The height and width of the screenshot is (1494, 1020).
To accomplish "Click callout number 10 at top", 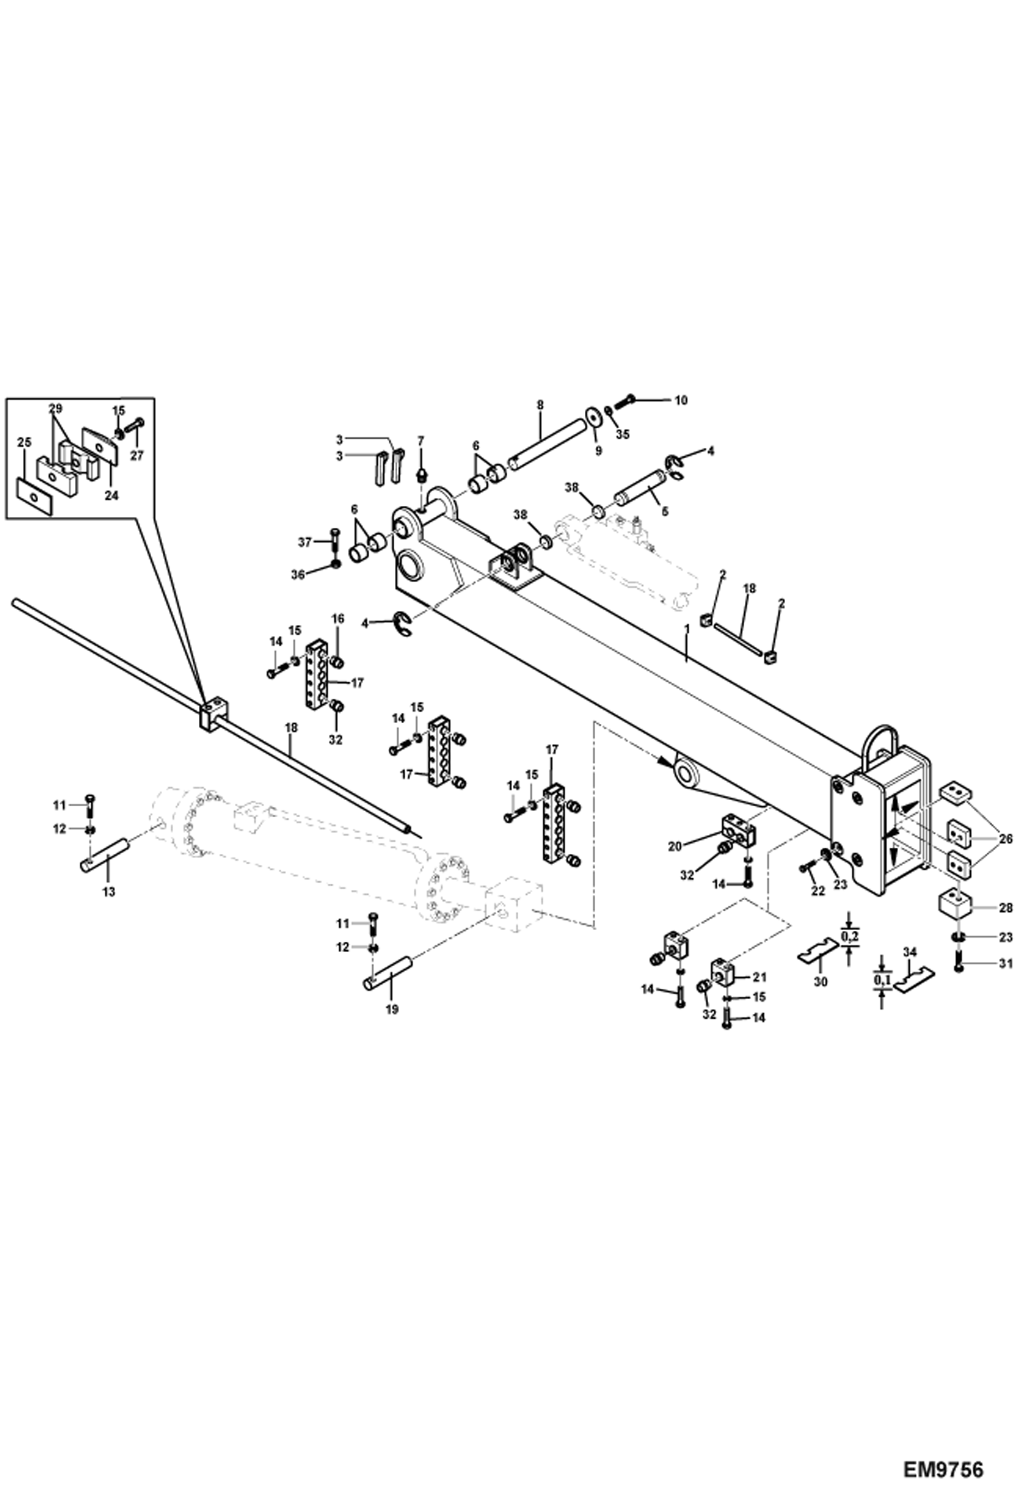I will [x=680, y=400].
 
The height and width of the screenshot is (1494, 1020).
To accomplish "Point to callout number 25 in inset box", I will [x=25, y=442].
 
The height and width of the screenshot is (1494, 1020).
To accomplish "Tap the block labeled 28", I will [x=955, y=906].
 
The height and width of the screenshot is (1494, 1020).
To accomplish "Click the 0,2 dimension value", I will [x=849, y=938].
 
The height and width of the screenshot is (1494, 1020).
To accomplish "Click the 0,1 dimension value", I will [x=882, y=979].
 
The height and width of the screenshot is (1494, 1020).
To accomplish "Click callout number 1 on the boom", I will [x=687, y=630].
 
